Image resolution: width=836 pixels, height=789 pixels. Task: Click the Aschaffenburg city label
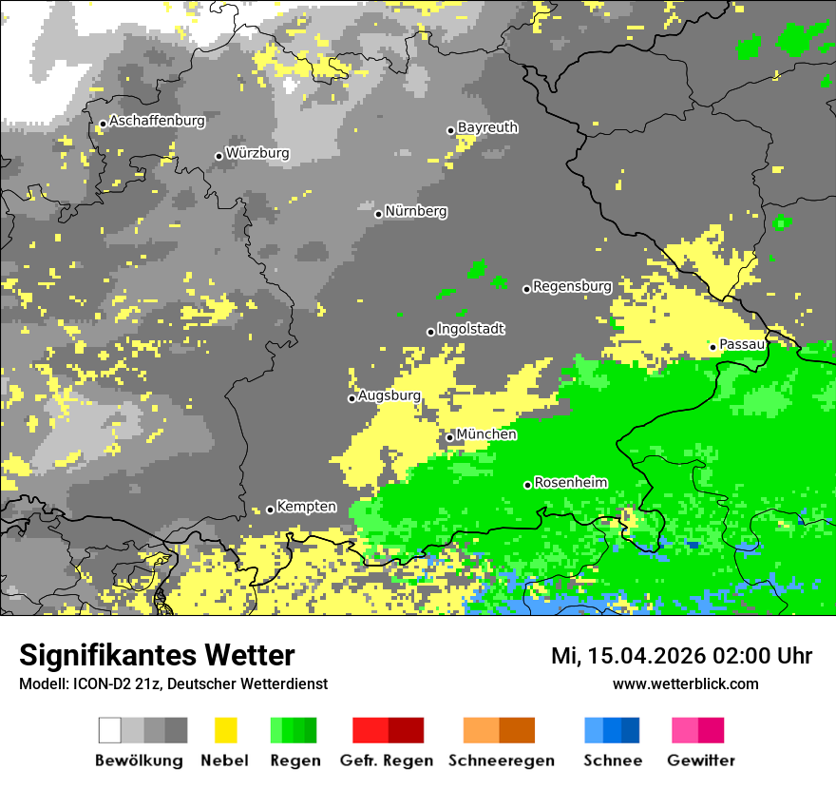click(157, 122)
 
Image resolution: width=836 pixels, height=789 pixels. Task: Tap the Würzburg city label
click(257, 153)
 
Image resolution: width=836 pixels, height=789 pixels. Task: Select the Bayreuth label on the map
click(487, 127)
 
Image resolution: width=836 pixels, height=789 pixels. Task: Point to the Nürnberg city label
click(416, 211)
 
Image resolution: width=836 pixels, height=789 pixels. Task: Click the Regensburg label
click(572, 286)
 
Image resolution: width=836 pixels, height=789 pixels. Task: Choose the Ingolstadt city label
click(470, 329)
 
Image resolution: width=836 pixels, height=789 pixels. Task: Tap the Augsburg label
click(389, 395)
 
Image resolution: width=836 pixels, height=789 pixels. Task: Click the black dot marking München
click(450, 437)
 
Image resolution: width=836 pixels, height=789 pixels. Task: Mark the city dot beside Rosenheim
click(527, 485)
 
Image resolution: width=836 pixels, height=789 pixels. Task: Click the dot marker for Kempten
click(270, 510)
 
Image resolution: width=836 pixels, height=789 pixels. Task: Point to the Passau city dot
click(712, 347)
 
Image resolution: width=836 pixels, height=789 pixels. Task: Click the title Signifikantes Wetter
click(157, 655)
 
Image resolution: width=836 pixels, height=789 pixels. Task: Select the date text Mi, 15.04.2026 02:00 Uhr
click(681, 656)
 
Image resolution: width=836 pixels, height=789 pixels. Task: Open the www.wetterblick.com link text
click(685, 683)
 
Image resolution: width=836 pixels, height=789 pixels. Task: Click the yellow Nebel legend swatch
click(225, 730)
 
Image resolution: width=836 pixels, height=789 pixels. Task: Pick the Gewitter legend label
click(701, 760)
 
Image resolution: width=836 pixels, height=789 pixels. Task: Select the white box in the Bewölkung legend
click(110, 730)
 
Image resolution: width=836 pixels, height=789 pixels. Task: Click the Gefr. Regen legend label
click(386, 760)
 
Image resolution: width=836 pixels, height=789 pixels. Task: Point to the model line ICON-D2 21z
click(173, 683)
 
